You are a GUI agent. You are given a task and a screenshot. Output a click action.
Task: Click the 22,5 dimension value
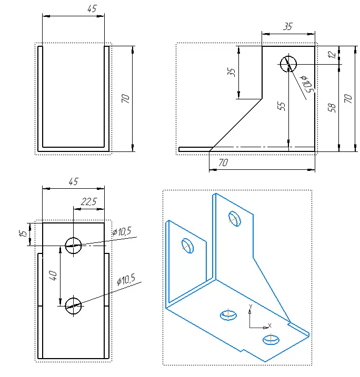click(89, 201)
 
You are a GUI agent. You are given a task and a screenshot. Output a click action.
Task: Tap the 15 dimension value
click(23, 233)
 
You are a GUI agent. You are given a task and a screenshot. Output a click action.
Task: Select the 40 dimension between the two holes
click(53, 276)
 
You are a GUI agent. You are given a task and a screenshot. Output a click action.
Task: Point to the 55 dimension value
click(281, 106)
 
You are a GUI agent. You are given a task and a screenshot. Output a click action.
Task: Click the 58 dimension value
click(332, 107)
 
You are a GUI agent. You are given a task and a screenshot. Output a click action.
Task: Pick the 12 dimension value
click(332, 55)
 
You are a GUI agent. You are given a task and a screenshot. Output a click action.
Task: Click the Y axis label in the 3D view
click(251, 307)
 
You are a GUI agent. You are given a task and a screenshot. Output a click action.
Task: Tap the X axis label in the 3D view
click(269, 325)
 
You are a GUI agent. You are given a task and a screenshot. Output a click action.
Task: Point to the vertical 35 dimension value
click(231, 72)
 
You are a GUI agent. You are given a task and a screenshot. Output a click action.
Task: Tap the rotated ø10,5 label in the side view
click(306, 84)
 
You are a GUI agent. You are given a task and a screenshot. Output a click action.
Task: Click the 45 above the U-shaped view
click(92, 8)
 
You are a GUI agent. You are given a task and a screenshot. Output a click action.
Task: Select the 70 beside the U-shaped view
click(125, 98)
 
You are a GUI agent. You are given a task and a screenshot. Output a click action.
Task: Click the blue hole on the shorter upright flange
click(187, 246)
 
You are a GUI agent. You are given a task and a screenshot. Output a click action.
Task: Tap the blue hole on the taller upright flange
click(235, 219)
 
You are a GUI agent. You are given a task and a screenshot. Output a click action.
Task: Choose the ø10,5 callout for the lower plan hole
click(126, 280)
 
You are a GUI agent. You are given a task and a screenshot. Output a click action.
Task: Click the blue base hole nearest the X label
click(271, 340)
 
